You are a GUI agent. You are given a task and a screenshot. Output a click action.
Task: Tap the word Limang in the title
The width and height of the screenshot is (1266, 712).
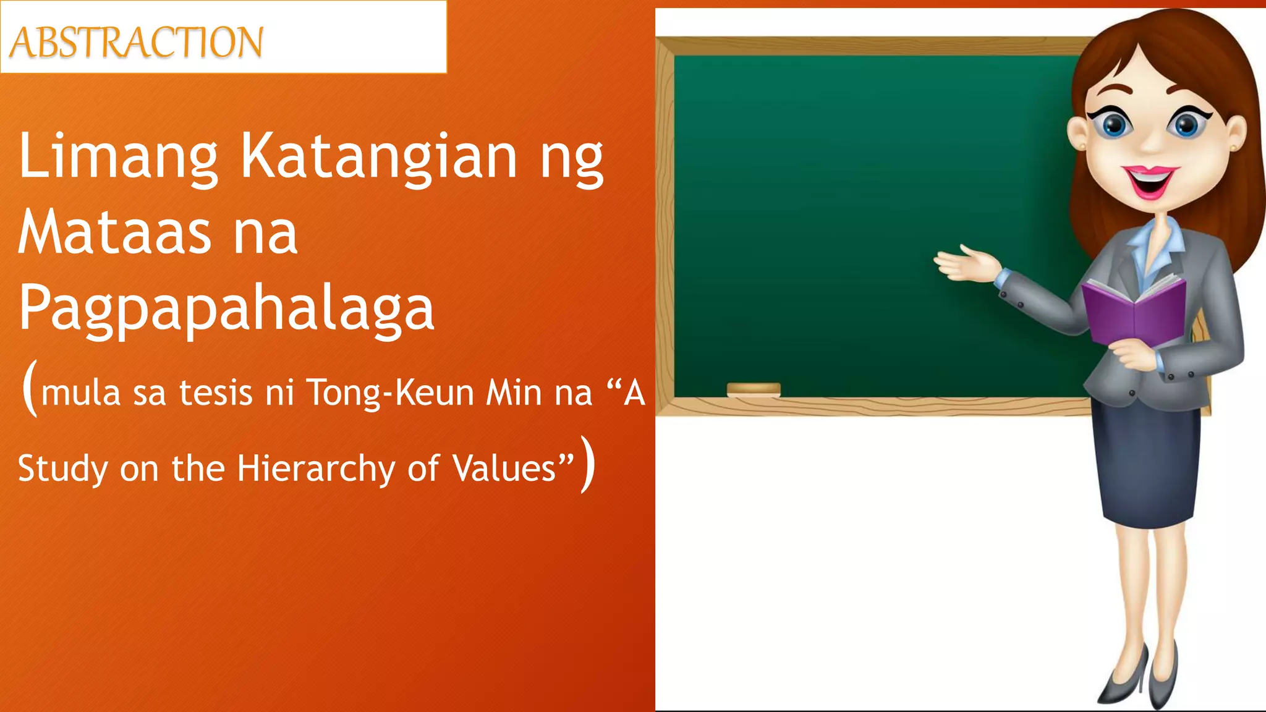(118, 158)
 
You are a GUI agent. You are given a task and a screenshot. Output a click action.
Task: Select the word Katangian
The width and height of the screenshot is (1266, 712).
(378, 158)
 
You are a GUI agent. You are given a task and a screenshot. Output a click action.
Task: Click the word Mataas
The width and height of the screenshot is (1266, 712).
(115, 233)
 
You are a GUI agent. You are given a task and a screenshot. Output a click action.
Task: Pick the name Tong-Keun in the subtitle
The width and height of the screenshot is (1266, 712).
(390, 393)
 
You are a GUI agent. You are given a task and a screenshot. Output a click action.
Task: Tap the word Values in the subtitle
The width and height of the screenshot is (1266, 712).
(504, 468)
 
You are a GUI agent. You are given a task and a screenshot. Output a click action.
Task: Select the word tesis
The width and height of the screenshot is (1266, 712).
(216, 393)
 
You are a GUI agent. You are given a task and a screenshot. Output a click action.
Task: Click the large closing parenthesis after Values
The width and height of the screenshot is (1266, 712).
(588, 465)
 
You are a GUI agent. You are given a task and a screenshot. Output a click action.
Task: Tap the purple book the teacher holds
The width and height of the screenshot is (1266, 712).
(1134, 312)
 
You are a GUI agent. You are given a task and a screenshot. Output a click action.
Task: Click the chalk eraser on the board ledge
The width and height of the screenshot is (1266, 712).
(754, 389)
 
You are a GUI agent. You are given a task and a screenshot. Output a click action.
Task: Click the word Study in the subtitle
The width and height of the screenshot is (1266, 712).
(62, 468)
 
